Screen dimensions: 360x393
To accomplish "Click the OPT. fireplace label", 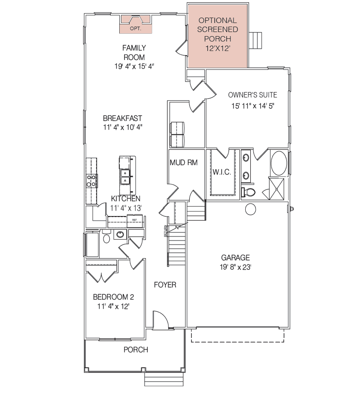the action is tap(136, 28).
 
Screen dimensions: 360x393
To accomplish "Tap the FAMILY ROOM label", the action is tap(134, 52).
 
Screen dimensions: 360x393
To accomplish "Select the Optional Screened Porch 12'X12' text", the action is tap(218, 34).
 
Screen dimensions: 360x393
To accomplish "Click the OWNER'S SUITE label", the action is tap(252, 95).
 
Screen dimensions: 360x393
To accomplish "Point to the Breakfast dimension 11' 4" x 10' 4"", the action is tap(123, 127).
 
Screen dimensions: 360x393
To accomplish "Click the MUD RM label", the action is tap(184, 163).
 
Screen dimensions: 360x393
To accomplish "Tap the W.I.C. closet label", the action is tap(222, 172).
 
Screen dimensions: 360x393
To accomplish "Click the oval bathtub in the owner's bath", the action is tap(279, 163).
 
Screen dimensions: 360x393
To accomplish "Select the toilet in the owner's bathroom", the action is tap(248, 192).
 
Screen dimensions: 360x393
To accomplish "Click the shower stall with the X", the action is tap(276, 189).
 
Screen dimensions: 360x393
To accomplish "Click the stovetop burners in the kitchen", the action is tap(92, 181).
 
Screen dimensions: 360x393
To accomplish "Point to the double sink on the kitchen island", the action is tap(125, 177).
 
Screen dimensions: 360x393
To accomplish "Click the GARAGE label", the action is tap(235, 258).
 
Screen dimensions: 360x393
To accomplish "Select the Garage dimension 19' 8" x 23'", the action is tap(235, 267).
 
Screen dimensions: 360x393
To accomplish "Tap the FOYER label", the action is tap(165, 285).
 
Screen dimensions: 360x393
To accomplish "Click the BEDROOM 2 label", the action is tap(113, 297).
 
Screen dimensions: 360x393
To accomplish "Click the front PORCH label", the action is tap(136, 350).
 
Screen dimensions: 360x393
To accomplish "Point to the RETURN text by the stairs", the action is tap(165, 231).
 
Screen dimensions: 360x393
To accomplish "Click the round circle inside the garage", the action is tap(250, 209).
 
